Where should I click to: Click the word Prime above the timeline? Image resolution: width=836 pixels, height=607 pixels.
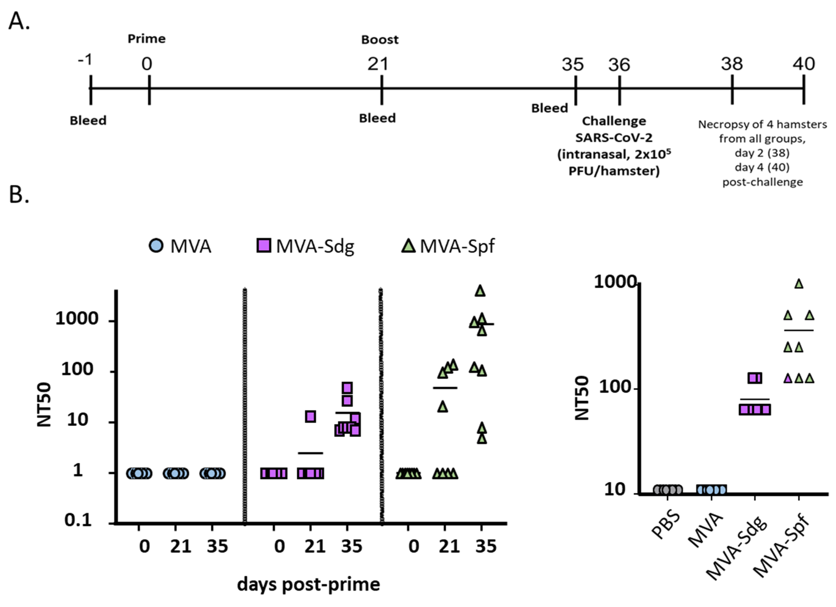pyautogui.click(x=146, y=39)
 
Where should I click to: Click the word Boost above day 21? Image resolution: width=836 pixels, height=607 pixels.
pyautogui.click(x=380, y=39)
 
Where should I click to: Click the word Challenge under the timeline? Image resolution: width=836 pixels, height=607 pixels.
pyautogui.click(x=614, y=121)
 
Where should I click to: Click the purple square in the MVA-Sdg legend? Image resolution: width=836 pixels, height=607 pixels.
pyautogui.click(x=264, y=245)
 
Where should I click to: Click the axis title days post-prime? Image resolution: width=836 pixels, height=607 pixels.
pyautogui.click(x=308, y=584)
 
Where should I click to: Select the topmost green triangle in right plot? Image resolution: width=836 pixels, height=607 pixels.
pyautogui.click(x=799, y=284)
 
